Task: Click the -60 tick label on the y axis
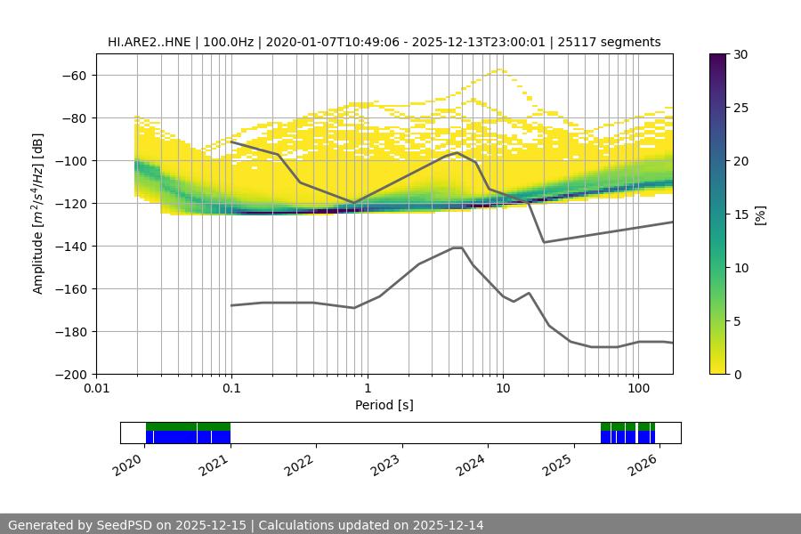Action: pos(73,75)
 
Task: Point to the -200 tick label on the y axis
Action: pos(69,374)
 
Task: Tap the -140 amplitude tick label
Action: pos(69,246)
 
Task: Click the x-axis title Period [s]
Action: pos(384,405)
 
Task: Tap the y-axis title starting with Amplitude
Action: pos(38,214)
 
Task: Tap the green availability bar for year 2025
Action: pos(627,426)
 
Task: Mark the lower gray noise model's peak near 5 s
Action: pos(457,247)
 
